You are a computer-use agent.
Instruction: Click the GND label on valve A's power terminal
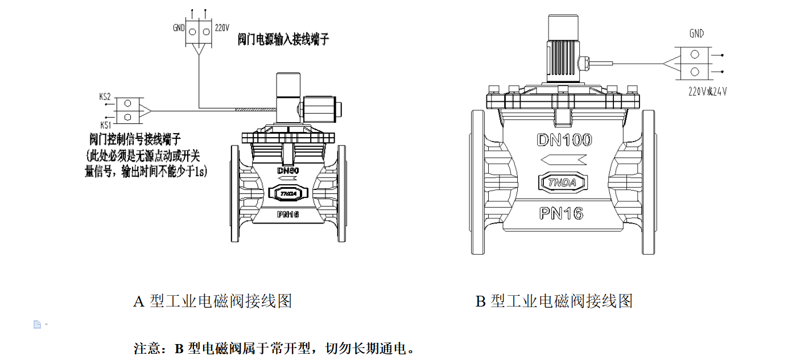179,27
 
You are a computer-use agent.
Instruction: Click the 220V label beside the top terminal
222,27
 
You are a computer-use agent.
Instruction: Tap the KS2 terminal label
105,97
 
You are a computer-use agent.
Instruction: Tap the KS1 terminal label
105,125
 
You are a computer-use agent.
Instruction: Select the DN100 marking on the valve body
564,140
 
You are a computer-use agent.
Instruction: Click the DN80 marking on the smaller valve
288,171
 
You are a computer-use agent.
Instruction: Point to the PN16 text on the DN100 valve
562,213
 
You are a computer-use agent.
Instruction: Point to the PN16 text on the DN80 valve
288,214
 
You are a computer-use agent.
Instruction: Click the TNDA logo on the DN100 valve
562,183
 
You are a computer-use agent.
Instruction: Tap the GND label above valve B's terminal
696,34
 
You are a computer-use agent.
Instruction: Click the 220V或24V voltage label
707,91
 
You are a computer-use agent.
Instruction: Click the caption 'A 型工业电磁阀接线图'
213,301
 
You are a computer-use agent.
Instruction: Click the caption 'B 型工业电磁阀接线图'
554,301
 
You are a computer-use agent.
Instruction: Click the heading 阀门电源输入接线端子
283,40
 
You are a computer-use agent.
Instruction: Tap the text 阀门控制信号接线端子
135,138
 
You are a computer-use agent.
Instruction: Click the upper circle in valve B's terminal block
695,55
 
